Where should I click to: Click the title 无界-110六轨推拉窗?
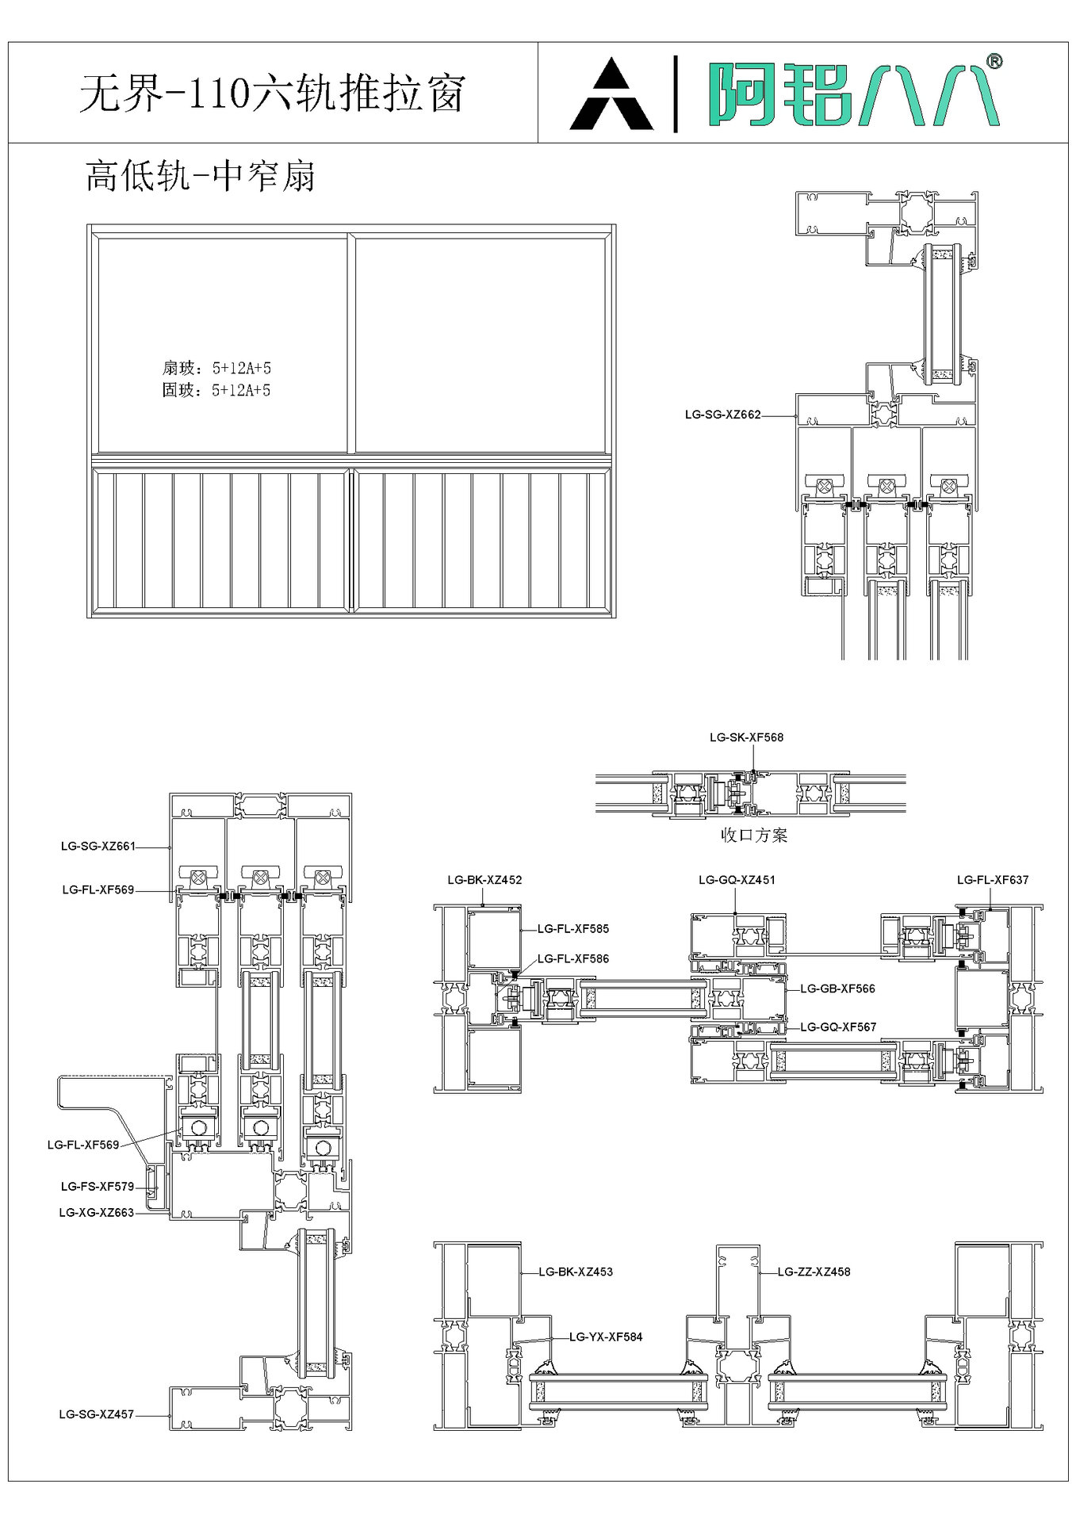point(271,94)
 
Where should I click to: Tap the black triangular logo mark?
point(611,94)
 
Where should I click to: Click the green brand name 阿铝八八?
point(853,94)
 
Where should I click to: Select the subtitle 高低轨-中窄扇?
point(201,175)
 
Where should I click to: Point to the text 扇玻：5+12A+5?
point(216,368)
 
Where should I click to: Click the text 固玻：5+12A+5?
point(216,390)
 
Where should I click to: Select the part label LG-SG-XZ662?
point(722,415)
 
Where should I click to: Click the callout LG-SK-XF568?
point(746,737)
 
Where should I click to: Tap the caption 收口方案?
point(754,835)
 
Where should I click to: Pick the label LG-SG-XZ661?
point(98,847)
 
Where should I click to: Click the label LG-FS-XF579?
point(98,1187)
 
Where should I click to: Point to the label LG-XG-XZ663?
point(96,1212)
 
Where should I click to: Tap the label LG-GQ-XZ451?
point(737,880)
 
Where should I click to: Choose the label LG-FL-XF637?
point(993,880)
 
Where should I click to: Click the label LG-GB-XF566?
point(837,989)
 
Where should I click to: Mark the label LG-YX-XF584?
point(606,1337)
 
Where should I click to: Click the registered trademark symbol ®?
point(994,61)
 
